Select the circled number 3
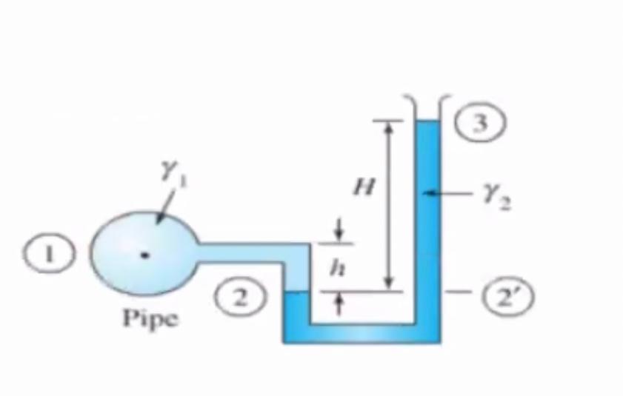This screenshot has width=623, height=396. [482, 124]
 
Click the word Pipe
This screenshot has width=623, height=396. [150, 318]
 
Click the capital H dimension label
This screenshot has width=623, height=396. [363, 189]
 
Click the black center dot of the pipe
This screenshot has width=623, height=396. [146, 255]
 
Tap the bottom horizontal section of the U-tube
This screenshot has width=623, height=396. [362, 332]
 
